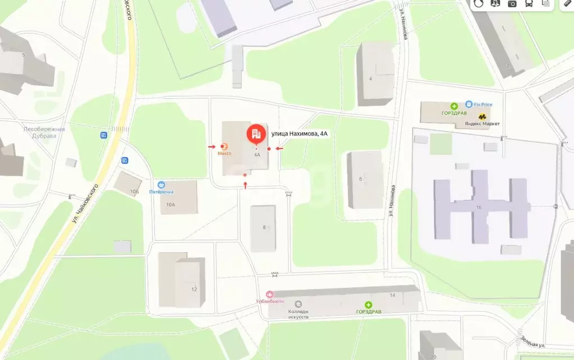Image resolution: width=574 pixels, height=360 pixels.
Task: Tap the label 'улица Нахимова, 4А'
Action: (x=299, y=133)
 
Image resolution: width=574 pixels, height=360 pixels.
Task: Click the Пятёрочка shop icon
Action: (x=162, y=184)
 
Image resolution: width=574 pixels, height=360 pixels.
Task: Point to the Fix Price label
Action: (x=483, y=104)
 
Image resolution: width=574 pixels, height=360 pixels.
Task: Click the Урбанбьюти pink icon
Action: (x=270, y=294)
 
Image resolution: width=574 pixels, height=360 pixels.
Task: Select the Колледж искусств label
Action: (x=299, y=314)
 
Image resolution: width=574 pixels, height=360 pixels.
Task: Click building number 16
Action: (x=479, y=207)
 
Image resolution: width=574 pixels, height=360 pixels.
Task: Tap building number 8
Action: (x=264, y=227)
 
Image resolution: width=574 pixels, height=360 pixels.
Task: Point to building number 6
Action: (x=361, y=179)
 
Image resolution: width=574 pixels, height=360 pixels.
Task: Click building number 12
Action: (x=194, y=289)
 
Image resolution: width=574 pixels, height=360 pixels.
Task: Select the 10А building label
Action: (x=171, y=205)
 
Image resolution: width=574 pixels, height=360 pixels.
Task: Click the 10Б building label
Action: (x=135, y=192)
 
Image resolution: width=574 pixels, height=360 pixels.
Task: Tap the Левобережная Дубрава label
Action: (x=44, y=132)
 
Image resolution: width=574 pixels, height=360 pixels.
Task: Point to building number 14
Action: (x=392, y=295)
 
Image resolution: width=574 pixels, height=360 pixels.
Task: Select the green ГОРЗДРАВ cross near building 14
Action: (x=369, y=304)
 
